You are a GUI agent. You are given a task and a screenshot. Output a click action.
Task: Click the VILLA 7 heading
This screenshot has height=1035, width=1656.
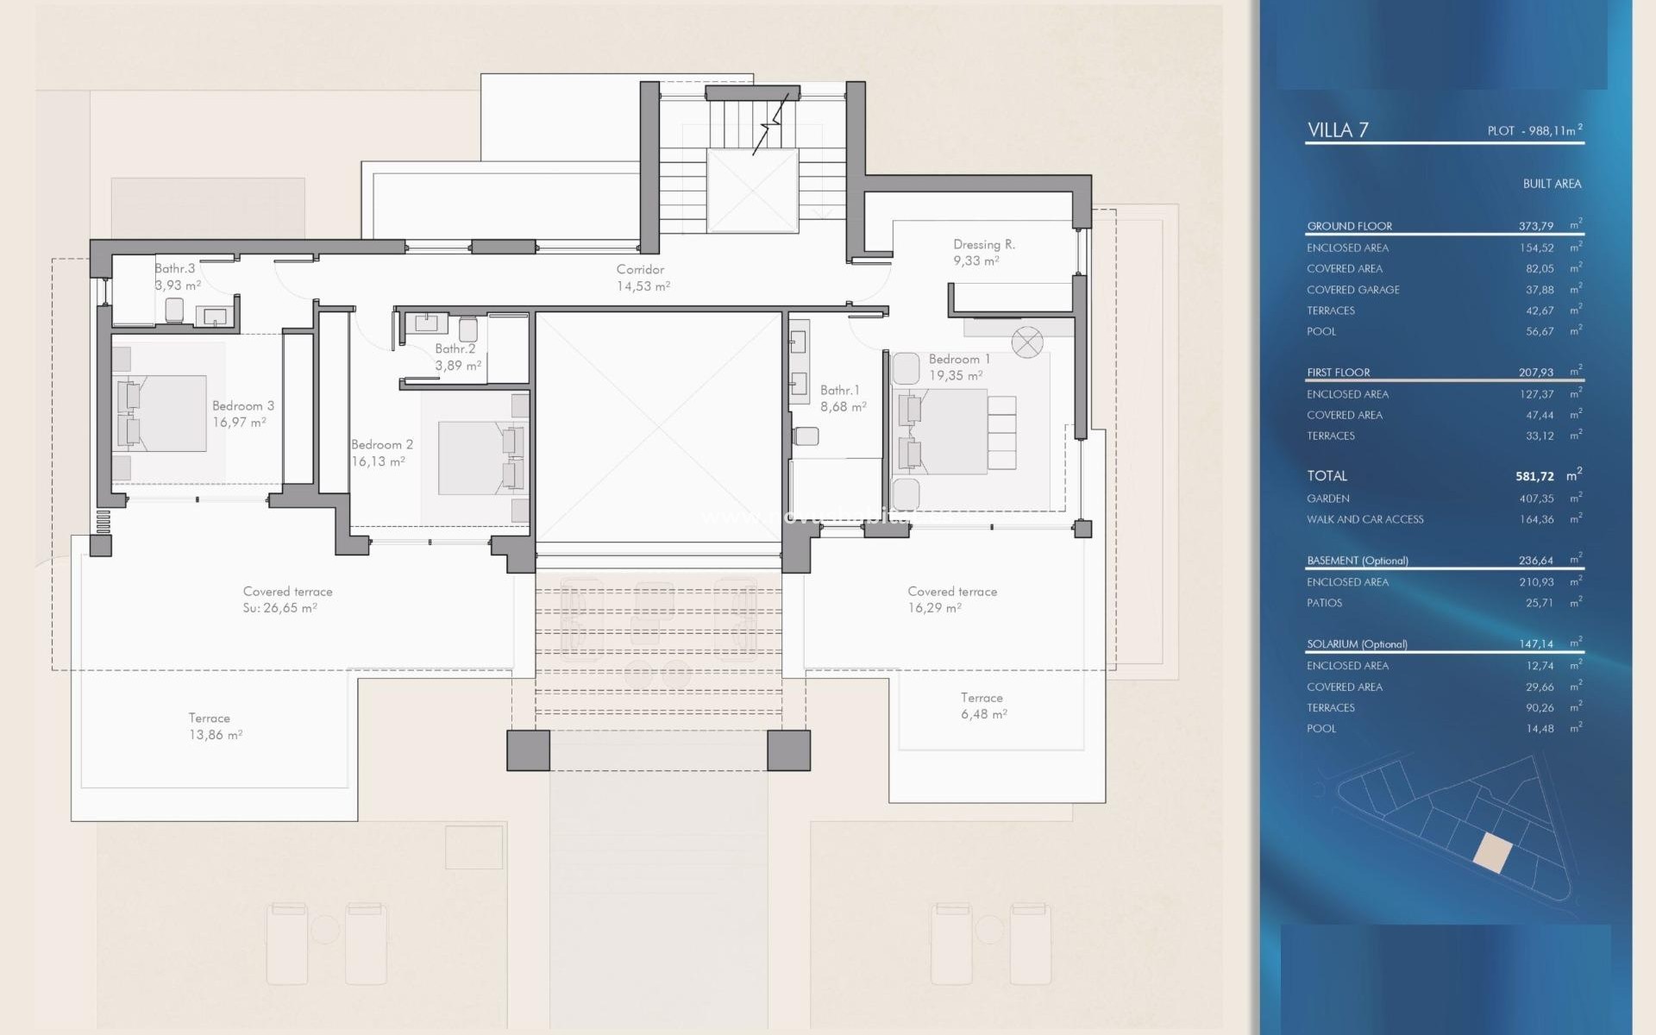pyautogui.click(x=1337, y=130)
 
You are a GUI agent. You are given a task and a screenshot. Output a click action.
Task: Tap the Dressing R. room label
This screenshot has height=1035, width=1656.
pyautogui.click(x=983, y=245)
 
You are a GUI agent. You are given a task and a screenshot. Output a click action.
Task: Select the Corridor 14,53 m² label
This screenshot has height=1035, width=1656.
pyautogui.click(x=642, y=278)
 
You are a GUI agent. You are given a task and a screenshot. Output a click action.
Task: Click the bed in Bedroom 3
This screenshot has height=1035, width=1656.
pyautogui.click(x=162, y=413)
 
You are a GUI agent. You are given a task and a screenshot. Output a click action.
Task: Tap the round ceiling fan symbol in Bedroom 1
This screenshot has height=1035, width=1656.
pyautogui.click(x=1026, y=342)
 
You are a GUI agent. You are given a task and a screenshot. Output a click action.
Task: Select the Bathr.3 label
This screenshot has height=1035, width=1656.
pyautogui.click(x=175, y=268)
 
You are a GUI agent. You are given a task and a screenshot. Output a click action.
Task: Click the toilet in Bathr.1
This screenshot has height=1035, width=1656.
pyautogui.click(x=806, y=436)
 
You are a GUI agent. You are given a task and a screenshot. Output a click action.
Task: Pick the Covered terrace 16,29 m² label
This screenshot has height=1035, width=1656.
pyautogui.click(x=951, y=599)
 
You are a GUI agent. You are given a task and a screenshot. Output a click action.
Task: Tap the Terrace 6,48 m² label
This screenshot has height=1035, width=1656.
pyautogui.click(x=982, y=706)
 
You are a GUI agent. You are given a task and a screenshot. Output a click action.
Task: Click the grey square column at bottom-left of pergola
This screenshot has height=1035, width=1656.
pyautogui.click(x=528, y=750)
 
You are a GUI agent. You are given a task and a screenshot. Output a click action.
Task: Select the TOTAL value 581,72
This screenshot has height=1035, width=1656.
pyautogui.click(x=1534, y=476)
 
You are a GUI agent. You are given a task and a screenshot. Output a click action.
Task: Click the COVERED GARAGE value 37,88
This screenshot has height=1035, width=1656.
pyautogui.click(x=1540, y=290)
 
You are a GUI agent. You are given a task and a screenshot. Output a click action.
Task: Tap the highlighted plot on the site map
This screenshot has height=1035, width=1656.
pyautogui.click(x=1492, y=853)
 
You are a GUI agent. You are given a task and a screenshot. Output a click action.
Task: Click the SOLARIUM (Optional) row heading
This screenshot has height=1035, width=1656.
pyautogui.click(x=1357, y=644)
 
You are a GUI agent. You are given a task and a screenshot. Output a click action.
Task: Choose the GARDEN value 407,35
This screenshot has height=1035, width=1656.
pyautogui.click(x=1536, y=499)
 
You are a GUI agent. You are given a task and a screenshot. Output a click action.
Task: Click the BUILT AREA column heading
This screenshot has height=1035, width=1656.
pyautogui.click(x=1551, y=184)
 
